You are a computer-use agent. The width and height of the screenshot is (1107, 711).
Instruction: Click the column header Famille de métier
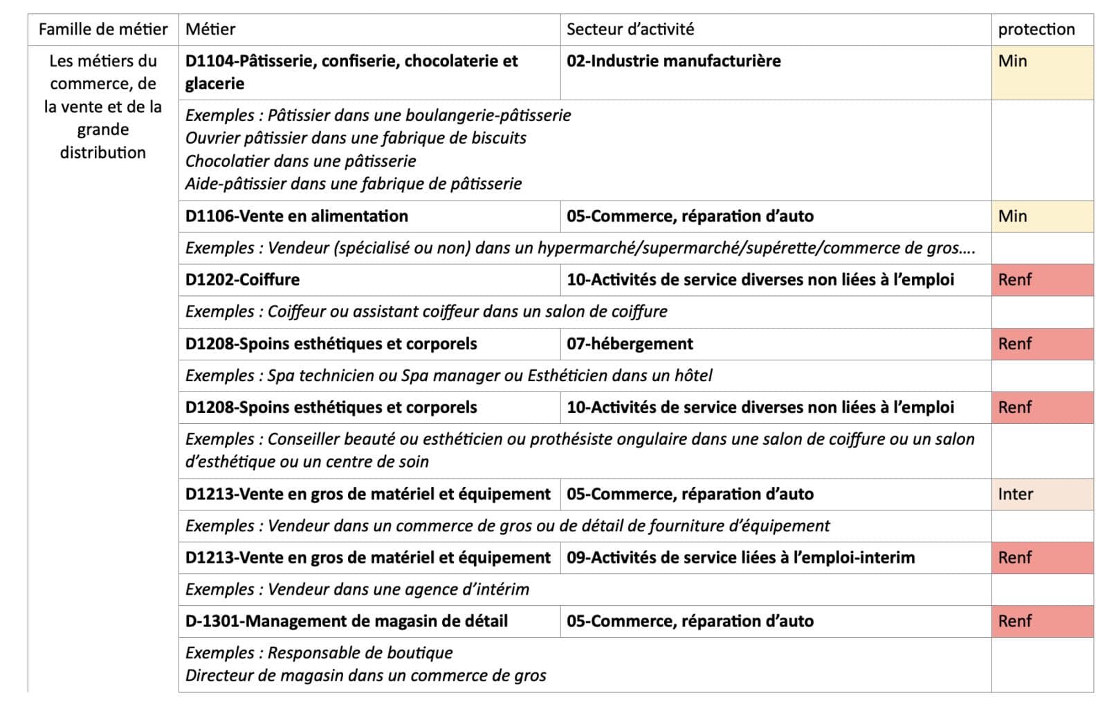point(103,29)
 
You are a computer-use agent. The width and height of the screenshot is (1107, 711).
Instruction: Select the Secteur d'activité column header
point(630,29)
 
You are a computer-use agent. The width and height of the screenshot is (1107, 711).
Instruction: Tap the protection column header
point(1036,29)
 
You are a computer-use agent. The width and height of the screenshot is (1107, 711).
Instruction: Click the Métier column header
point(210,29)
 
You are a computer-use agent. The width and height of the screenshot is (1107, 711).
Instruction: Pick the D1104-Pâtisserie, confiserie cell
point(351,72)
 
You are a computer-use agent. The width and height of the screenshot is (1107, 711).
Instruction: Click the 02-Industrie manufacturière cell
point(673,61)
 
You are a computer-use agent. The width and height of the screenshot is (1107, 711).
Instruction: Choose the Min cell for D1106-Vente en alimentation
point(1012,216)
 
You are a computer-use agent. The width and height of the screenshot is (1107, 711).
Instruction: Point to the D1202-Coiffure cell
point(242,279)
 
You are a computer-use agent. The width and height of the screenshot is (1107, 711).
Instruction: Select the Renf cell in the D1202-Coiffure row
point(1014,279)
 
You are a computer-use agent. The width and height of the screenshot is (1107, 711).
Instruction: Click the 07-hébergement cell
point(630,344)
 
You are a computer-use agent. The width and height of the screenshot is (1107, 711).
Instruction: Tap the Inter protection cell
point(1015,494)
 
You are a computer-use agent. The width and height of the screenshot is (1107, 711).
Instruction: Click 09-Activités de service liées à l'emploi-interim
point(740,557)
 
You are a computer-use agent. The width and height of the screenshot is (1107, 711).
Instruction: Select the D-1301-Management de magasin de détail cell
point(346,621)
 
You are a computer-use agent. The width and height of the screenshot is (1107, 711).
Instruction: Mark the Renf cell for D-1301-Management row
point(1014,621)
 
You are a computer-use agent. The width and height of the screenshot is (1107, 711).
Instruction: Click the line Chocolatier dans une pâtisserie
point(300,161)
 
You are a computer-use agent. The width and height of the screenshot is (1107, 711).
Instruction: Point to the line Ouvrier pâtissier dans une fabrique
point(356,138)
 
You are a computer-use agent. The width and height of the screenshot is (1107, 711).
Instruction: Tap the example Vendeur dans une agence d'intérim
point(398,589)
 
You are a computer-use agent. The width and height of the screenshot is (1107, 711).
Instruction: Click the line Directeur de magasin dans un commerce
point(365,676)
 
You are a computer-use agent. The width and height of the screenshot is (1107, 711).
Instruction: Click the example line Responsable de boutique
point(360,653)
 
